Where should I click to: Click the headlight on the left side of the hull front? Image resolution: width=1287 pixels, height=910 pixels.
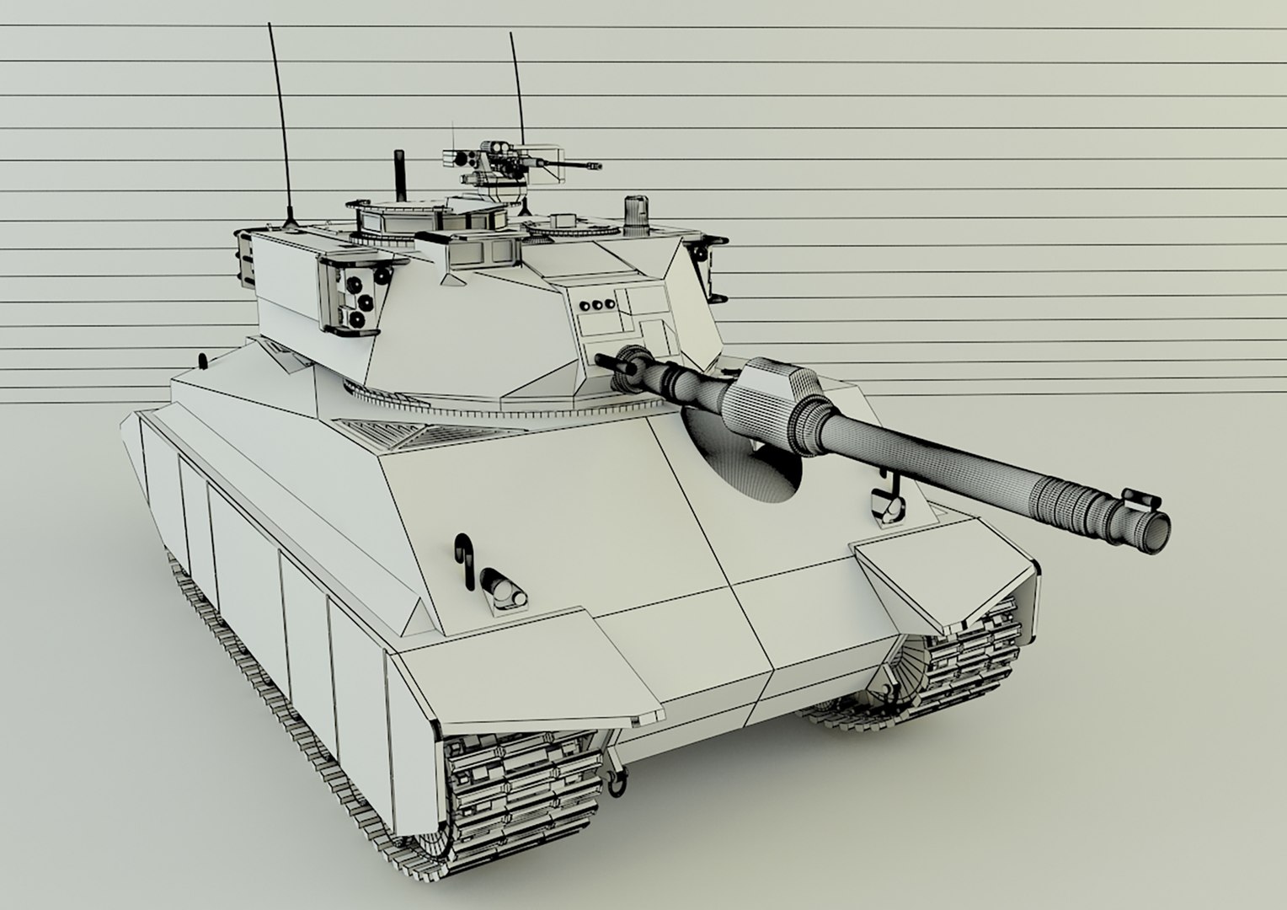(504, 588)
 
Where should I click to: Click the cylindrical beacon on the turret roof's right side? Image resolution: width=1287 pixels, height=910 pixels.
(636, 215)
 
